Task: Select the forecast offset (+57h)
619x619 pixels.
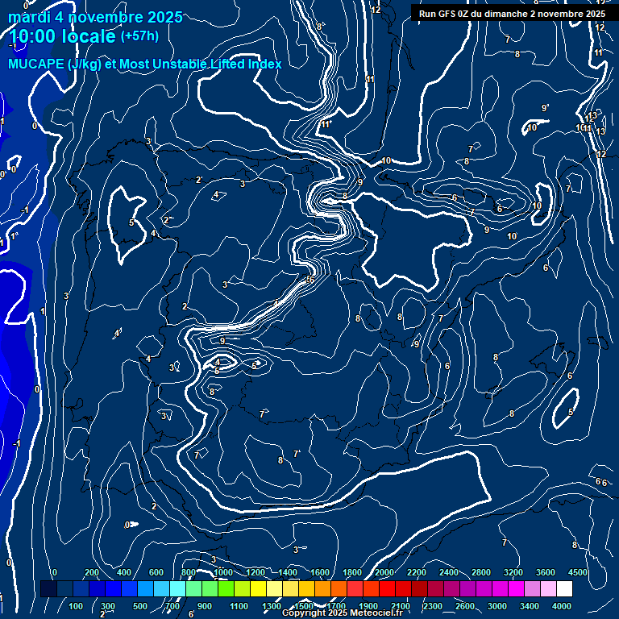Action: click(x=139, y=36)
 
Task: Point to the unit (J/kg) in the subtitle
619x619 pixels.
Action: click(x=85, y=64)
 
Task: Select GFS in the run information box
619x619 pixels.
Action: click(x=448, y=14)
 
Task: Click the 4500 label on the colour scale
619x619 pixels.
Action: click(x=577, y=572)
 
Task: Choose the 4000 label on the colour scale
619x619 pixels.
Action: click(x=563, y=606)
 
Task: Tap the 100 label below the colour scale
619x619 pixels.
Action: click(x=77, y=606)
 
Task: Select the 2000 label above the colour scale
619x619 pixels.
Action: click(x=384, y=572)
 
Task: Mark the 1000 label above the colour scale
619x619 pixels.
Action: click(x=222, y=572)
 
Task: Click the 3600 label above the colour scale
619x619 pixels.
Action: click(x=546, y=572)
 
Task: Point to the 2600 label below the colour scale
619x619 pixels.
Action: click(x=465, y=606)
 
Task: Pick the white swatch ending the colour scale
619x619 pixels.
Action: click(x=564, y=589)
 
